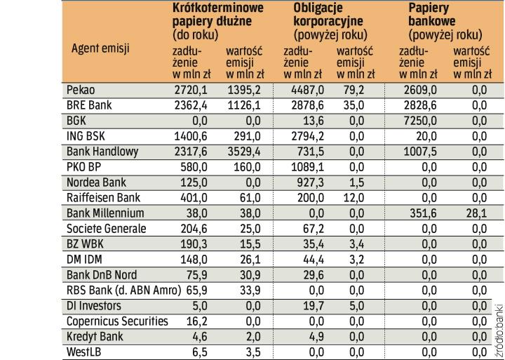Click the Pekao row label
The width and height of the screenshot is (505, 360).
pos(80,90)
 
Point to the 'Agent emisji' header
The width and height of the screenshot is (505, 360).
pos(101,49)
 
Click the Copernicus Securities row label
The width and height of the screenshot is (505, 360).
pos(117,321)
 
